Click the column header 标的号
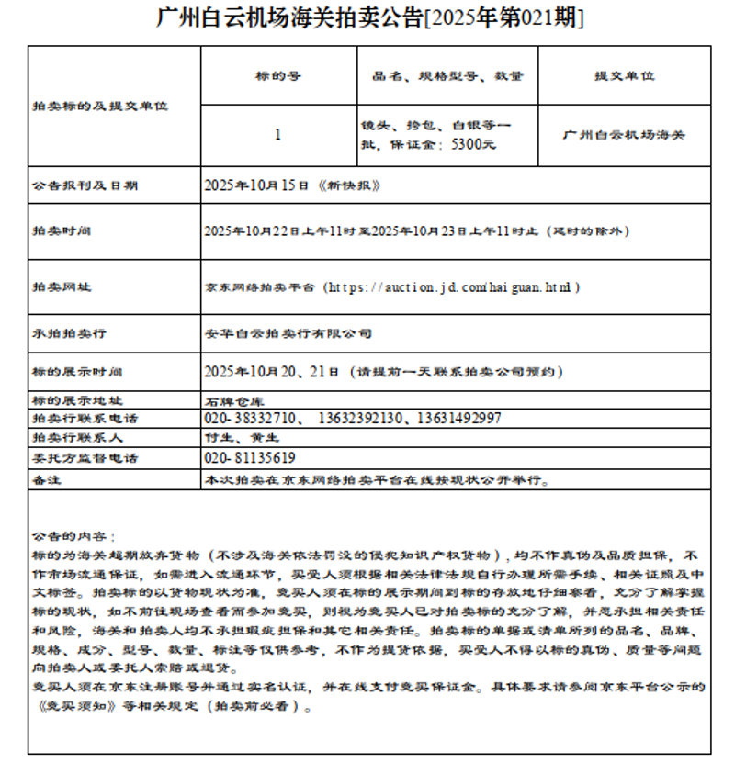[278, 75]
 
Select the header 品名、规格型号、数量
[447, 75]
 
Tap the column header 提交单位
[624, 75]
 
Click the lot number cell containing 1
[278, 135]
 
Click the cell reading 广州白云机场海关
[624, 135]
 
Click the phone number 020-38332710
[250, 419]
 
